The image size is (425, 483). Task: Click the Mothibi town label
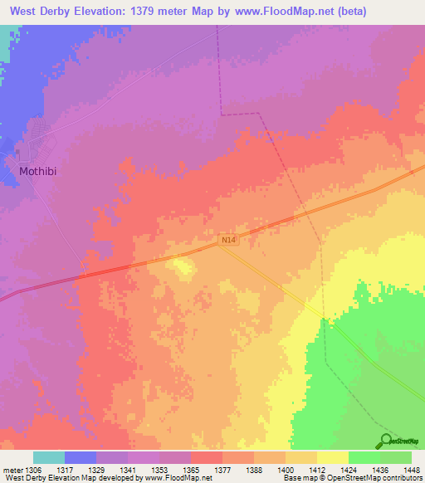pos(37,173)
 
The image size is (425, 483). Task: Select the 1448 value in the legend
pos(411,469)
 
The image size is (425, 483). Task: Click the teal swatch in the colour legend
pos(48,457)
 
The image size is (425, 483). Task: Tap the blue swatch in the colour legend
pos(80,457)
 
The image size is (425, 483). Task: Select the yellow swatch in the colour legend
pos(332,457)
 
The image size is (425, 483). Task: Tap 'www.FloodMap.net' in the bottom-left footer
pos(177,478)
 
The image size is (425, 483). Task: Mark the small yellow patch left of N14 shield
pos(181,266)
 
